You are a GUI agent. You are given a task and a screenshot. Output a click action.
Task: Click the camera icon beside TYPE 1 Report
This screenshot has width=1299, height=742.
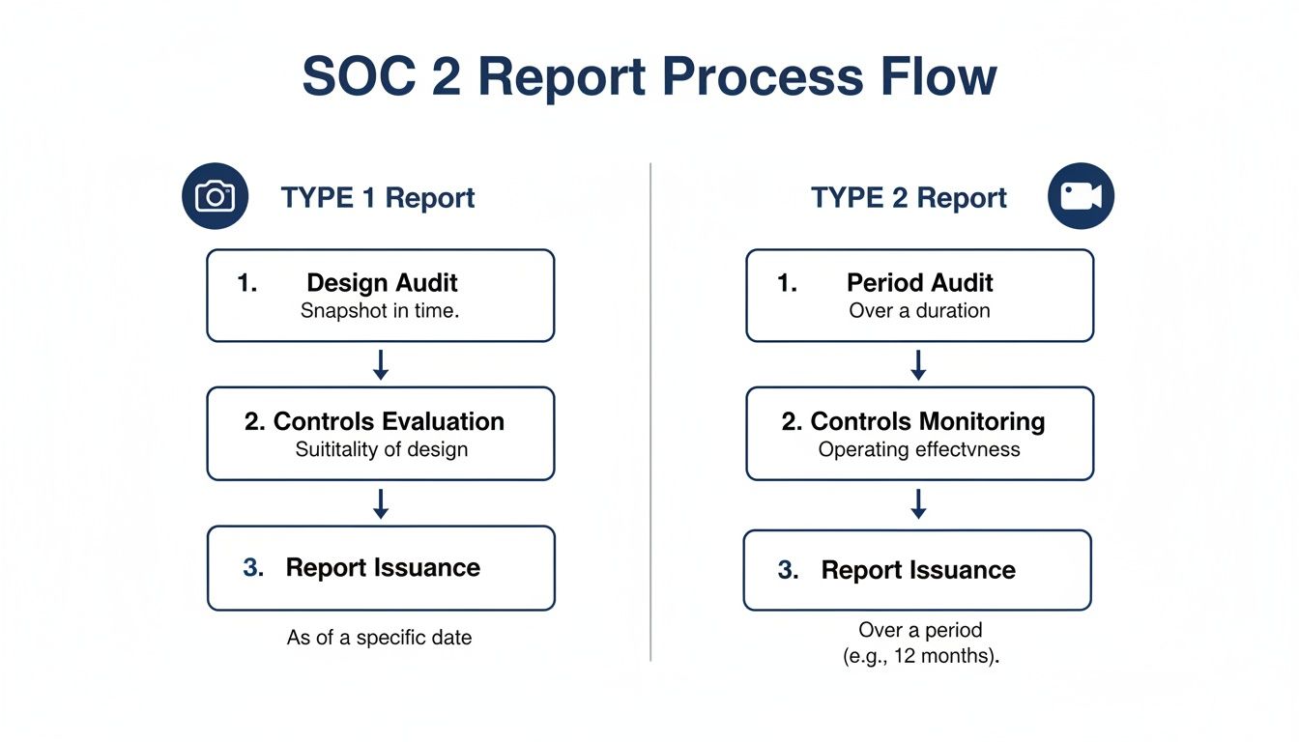pos(215,196)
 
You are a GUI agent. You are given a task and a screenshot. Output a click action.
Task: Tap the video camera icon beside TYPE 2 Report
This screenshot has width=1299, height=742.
pos(1081,196)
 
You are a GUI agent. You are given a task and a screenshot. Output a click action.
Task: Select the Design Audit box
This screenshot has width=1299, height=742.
pos(381,296)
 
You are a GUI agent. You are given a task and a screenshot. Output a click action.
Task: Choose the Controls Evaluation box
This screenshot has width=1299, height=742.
pos(381,434)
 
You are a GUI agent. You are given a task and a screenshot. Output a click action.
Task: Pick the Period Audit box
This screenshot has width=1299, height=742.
pos(919,296)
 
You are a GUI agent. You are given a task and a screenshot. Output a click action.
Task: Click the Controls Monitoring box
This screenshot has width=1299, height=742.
pos(919,434)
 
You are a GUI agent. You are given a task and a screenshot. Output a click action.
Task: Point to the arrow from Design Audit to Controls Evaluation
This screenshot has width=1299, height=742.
pos(381,364)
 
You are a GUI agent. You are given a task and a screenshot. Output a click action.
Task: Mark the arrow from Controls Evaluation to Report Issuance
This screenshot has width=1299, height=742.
pos(381,503)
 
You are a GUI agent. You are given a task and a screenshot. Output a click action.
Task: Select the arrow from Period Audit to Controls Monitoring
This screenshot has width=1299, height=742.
pos(919,364)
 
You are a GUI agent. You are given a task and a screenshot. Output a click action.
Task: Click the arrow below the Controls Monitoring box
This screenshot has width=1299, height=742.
pos(919,503)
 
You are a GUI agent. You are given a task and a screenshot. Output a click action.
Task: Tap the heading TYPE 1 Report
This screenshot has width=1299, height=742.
pos(378,198)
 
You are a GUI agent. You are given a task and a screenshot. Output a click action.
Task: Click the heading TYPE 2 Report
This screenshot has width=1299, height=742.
pos(909,198)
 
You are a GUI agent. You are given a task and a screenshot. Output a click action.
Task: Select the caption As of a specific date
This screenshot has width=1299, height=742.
pos(379,638)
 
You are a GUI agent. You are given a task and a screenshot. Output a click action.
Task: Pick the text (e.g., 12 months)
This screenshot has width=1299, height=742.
pos(920,655)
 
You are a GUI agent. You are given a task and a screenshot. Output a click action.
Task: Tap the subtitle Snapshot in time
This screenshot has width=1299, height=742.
pos(380,311)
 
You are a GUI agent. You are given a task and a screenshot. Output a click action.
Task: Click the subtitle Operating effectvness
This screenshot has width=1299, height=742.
pos(919,449)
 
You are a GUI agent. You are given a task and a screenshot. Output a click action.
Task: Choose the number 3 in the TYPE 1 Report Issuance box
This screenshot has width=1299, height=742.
pos(253,568)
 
